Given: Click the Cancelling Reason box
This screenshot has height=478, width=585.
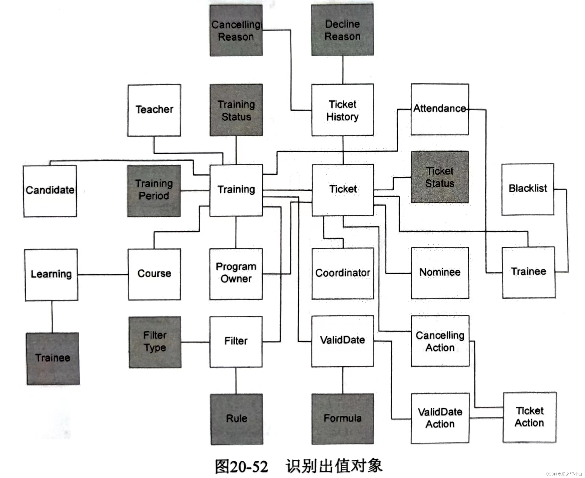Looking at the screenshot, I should click(x=236, y=31).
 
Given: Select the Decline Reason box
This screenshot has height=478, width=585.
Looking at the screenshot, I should click(x=342, y=30).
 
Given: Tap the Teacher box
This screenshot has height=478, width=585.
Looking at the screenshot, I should click(x=154, y=110).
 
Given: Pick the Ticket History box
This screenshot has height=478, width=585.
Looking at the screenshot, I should click(x=342, y=110).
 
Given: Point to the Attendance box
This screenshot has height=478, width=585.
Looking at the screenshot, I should click(x=440, y=109).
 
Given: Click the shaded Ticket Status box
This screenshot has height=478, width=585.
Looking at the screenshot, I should click(x=440, y=177).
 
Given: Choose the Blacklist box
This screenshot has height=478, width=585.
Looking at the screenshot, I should click(x=527, y=189).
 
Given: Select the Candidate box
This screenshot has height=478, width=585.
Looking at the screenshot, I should click(x=50, y=191).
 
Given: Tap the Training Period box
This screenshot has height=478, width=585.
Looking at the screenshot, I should click(x=154, y=191).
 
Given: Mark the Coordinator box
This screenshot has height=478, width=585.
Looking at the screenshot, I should click(x=342, y=273).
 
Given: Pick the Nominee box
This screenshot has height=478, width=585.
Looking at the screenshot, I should click(x=440, y=273).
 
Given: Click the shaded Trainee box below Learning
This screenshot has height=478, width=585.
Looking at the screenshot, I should click(x=53, y=358).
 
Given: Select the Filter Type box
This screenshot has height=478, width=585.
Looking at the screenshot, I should click(x=155, y=342).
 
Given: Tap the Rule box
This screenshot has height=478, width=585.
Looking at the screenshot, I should click(x=236, y=419).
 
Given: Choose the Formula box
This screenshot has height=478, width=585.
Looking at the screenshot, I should click(x=342, y=419).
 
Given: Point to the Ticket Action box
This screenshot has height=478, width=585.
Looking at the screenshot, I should click(x=529, y=417).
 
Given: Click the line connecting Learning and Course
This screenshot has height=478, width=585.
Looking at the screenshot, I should click(x=103, y=275).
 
